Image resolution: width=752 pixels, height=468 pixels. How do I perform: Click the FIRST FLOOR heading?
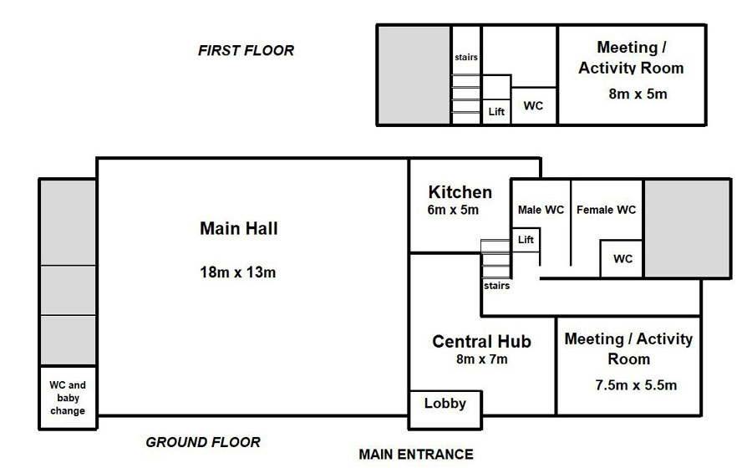[x=246, y=50]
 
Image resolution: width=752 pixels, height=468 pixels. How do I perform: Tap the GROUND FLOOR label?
[x=203, y=442]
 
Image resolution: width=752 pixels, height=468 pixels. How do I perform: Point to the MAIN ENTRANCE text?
[x=415, y=455]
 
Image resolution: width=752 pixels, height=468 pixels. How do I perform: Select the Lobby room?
[x=445, y=403]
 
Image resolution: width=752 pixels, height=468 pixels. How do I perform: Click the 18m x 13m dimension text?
[x=238, y=272]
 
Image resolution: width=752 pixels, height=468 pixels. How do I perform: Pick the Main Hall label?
[x=238, y=228]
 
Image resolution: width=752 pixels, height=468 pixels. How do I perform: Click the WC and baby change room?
[x=68, y=398]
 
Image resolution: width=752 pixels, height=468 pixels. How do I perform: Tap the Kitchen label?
[x=460, y=192]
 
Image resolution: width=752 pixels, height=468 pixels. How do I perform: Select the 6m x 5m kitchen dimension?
[x=453, y=211]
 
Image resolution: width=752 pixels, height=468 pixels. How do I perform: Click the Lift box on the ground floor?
[x=526, y=241]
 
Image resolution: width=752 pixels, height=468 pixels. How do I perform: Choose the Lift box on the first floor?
[x=496, y=112]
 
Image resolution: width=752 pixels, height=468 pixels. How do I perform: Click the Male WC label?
[x=541, y=210]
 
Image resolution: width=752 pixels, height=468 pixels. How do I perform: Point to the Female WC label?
[x=606, y=210]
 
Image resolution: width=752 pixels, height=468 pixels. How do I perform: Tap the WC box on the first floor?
[x=533, y=106]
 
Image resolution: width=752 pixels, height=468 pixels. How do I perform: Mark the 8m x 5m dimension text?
[x=638, y=94]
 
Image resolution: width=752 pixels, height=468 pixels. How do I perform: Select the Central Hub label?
[x=481, y=341]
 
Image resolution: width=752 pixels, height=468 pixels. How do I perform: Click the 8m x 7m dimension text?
[x=481, y=359]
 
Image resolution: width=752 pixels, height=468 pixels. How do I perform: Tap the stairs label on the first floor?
[x=466, y=58]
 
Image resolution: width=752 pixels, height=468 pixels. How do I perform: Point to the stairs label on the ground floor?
[x=496, y=286]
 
